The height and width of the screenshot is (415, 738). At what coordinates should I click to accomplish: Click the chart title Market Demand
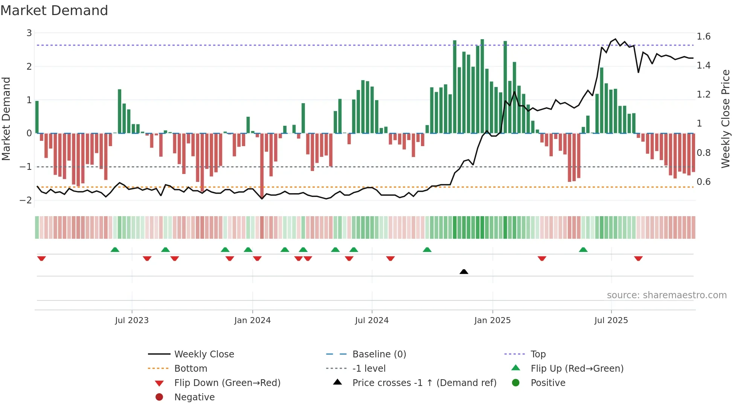pos(54,11)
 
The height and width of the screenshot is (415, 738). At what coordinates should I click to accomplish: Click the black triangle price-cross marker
pos(464,272)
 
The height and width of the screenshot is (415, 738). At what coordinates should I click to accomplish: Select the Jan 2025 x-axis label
pos(492,320)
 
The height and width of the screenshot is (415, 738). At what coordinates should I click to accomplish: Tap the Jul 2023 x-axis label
pos(132,320)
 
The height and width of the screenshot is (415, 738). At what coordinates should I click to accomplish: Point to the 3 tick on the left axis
pos(29,33)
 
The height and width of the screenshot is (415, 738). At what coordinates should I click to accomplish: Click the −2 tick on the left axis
pos(26,200)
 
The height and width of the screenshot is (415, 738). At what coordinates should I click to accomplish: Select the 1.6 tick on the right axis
pos(703,37)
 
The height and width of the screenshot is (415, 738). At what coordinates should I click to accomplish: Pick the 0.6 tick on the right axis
pos(703,182)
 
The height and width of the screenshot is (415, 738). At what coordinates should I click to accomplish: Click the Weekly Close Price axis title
pos(726,119)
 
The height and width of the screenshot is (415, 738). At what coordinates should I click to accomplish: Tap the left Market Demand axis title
pos(6,119)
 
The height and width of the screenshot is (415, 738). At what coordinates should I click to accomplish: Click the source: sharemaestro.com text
pos(666,295)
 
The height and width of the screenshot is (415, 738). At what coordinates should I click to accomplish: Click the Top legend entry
pos(538,354)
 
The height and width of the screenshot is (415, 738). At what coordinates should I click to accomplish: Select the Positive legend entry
pos(547,383)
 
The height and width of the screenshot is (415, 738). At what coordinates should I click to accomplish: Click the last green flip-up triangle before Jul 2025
pos(583,250)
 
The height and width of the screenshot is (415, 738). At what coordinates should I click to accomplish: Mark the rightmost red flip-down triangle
pos(638,258)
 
